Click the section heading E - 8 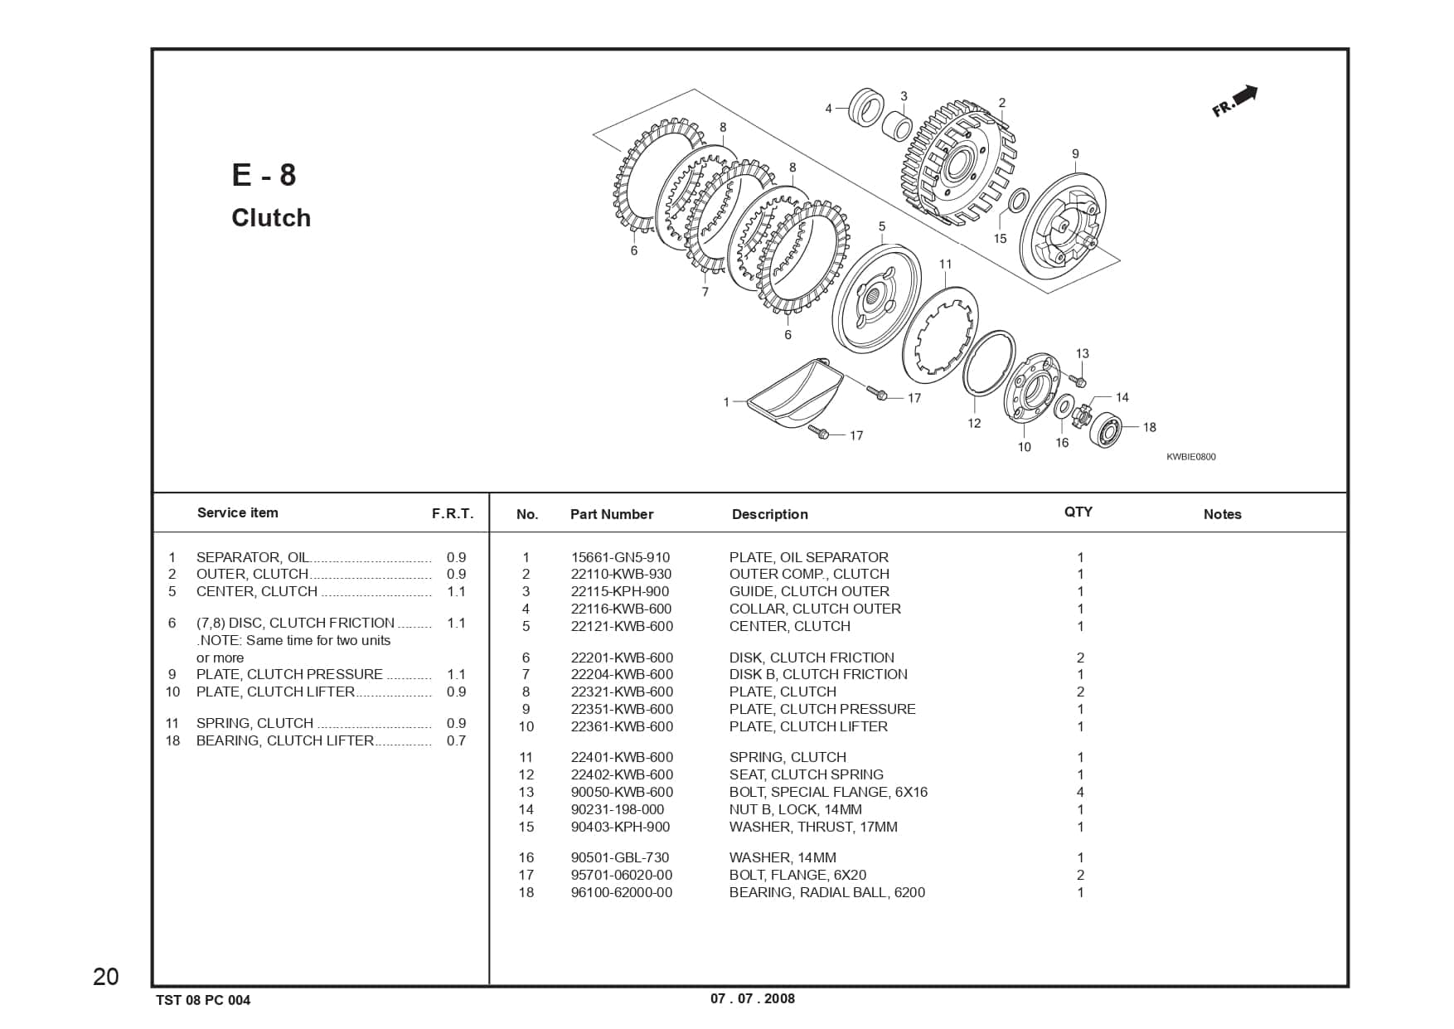264,175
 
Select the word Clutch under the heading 271,218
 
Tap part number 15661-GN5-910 620,557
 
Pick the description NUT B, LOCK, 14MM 795,809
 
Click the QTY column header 1078,512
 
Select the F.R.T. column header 453,513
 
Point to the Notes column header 1222,514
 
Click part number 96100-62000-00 622,892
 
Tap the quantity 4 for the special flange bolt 1080,792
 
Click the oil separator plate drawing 794,394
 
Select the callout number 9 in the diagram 1075,154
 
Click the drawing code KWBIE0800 1190,457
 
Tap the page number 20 106,977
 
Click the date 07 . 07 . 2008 752,998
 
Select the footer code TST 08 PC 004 203,1000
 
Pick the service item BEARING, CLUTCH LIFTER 284,740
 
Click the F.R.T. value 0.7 456,740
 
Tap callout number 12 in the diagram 974,423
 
